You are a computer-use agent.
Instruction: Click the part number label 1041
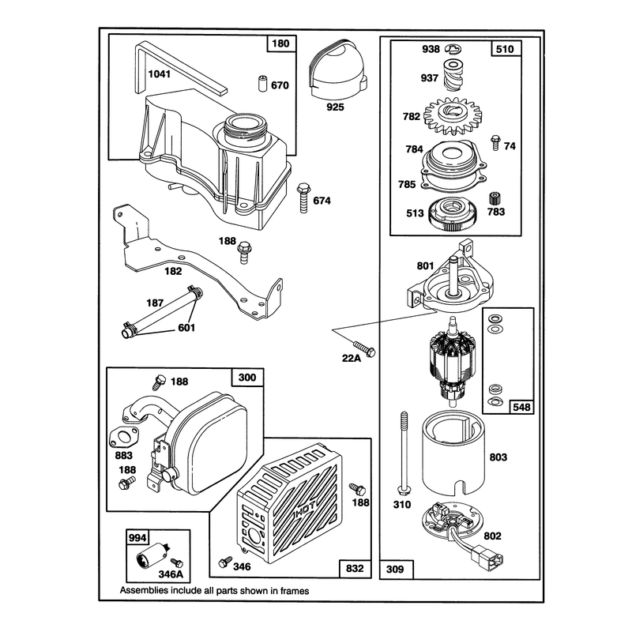[x=160, y=74]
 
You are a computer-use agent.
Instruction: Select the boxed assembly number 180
[x=281, y=43]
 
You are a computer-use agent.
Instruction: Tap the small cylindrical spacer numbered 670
[x=262, y=83]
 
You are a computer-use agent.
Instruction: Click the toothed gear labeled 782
[x=453, y=115]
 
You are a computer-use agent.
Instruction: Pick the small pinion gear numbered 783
[x=495, y=199]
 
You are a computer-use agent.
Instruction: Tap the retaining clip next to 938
[x=453, y=49]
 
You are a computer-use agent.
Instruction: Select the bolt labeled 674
[x=303, y=197]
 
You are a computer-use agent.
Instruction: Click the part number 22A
[x=351, y=358]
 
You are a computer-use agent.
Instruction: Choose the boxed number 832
[x=355, y=568]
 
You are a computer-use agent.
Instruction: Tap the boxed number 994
[x=137, y=538]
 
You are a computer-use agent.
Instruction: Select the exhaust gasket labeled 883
[x=123, y=437]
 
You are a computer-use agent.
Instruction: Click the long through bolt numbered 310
[x=404, y=453]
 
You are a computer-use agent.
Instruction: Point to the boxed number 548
[x=521, y=407]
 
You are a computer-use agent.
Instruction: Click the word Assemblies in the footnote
[x=144, y=591]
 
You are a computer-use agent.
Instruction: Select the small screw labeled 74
[x=495, y=143]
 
